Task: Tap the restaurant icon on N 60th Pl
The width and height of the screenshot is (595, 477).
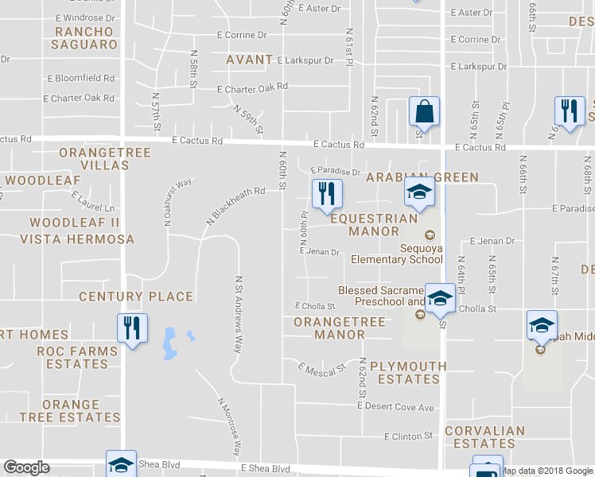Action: pos(326,195)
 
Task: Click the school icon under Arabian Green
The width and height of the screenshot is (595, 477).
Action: pos(419,193)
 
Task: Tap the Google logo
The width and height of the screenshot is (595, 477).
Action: pos(26,467)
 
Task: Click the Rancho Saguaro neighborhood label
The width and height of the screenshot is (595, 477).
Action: pos(85,38)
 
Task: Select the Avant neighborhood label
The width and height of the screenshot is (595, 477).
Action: pos(250,60)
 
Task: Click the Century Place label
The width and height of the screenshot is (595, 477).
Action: pos(136,297)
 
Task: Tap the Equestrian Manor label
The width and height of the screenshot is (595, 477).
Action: pos(373,224)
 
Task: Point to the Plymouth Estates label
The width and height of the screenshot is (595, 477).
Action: pos(409,373)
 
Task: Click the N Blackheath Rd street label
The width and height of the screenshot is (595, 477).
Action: pos(234,206)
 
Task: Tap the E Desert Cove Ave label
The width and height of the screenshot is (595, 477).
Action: pos(395,407)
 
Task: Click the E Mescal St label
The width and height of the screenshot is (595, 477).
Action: pos(322,368)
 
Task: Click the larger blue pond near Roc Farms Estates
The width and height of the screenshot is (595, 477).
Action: pos(169,342)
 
